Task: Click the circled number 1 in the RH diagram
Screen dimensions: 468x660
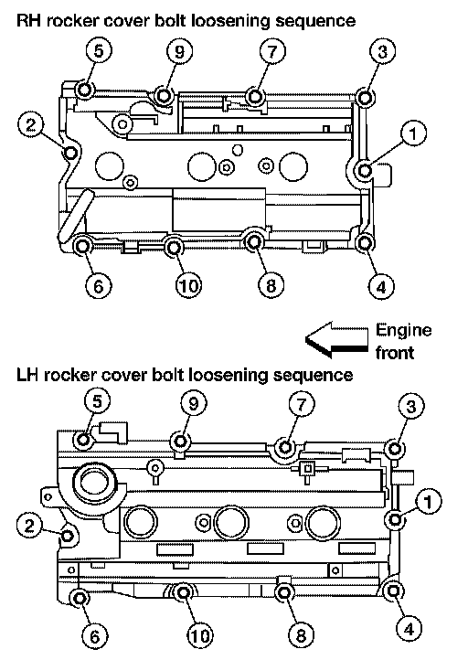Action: (x=413, y=133)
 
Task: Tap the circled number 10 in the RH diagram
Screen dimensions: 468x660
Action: (x=188, y=286)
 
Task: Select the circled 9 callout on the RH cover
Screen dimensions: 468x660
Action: (x=179, y=51)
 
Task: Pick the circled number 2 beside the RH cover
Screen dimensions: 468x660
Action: (x=31, y=125)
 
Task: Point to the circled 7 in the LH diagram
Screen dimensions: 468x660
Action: (x=302, y=405)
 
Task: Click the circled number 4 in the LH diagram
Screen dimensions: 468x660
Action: (x=409, y=629)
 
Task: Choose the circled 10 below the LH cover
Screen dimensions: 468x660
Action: (x=200, y=635)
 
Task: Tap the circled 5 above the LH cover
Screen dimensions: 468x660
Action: (x=97, y=401)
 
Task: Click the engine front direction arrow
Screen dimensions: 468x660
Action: (x=336, y=340)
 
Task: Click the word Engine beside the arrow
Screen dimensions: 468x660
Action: (x=404, y=331)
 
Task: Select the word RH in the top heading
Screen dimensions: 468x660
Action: (x=28, y=20)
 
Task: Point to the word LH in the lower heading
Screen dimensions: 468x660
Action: (x=27, y=375)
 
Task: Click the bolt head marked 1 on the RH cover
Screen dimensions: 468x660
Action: (x=365, y=170)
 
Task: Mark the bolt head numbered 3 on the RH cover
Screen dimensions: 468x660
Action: (x=365, y=97)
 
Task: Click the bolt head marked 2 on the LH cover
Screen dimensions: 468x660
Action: (x=68, y=537)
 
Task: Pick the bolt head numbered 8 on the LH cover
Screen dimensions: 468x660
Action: (x=285, y=593)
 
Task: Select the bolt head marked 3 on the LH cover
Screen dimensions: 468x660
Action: (x=394, y=449)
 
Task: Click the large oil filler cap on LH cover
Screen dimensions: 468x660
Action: (x=94, y=483)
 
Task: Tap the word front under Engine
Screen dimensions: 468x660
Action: (x=395, y=352)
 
